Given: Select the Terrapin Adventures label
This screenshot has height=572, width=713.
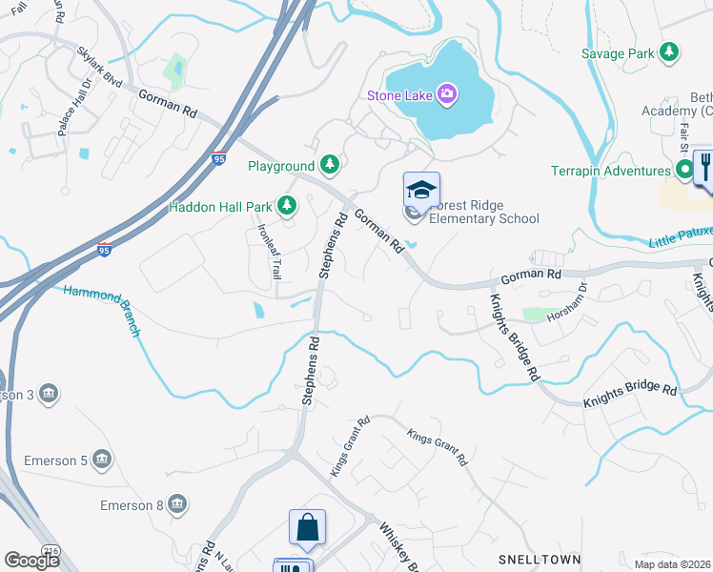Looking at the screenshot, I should (611, 172).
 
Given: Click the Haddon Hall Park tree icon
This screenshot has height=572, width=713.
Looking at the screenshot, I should (286, 206).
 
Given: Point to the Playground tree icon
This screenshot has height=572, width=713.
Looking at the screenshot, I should (330, 166).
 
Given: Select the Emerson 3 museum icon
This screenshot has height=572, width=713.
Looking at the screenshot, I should (49, 394).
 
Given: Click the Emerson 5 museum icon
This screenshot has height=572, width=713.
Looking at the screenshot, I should (102, 461).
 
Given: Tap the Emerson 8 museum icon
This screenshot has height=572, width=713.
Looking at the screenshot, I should (176, 504).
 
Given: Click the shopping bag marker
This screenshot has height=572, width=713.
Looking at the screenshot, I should (308, 527).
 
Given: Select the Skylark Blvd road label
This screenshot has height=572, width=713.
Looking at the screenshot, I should (100, 69).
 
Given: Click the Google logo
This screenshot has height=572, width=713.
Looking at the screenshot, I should (31, 561).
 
